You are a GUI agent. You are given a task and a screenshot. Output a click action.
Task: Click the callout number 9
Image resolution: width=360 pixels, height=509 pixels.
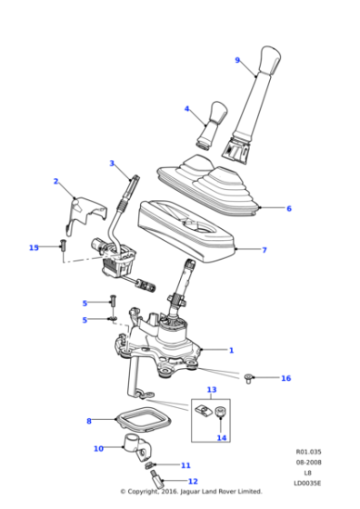click(x=238, y=60)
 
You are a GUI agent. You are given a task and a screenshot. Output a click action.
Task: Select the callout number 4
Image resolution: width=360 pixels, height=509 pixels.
click(x=187, y=109)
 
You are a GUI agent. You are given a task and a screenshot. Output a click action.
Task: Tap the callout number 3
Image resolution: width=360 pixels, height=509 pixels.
click(x=112, y=164)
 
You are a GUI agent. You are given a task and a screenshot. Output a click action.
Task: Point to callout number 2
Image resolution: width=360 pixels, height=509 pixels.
click(x=55, y=182)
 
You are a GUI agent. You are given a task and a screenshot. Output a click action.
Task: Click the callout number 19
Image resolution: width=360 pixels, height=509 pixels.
click(x=35, y=247)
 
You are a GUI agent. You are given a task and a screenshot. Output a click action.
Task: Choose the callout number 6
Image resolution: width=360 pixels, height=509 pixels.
click(x=289, y=208)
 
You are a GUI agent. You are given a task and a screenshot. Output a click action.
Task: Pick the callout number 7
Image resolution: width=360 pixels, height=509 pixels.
click(x=265, y=250)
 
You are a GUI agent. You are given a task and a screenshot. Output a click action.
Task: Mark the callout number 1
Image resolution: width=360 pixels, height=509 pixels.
click(x=231, y=350)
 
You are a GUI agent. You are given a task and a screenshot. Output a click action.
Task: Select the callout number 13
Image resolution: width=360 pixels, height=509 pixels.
click(x=212, y=390)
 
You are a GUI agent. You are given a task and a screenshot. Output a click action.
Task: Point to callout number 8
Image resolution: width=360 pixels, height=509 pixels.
click(x=89, y=421)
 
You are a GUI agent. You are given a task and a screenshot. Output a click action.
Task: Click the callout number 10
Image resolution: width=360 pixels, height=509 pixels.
click(x=98, y=449)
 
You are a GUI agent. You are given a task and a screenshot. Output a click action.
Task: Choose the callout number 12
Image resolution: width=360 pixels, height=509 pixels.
click(x=193, y=482)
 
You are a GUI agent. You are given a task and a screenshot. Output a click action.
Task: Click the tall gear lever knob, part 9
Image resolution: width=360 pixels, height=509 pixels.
click(x=269, y=77)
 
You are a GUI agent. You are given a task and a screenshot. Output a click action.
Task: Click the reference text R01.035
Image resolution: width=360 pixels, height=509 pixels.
click(x=307, y=451)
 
